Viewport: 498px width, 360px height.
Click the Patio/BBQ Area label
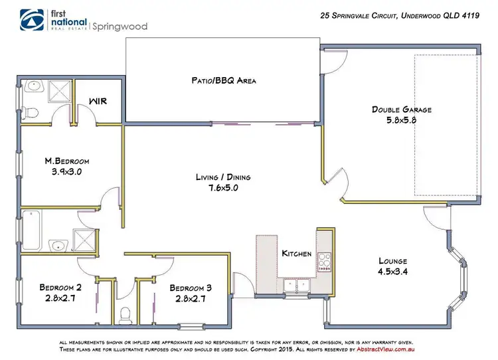coord(220,80)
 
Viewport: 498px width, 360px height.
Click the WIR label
coord(98,102)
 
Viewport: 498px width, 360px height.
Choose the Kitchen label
coord(297,254)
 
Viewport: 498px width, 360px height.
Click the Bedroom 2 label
coord(60,288)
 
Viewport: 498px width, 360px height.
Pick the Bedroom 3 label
coord(191,288)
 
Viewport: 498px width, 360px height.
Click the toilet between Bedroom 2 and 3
coord(124,315)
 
